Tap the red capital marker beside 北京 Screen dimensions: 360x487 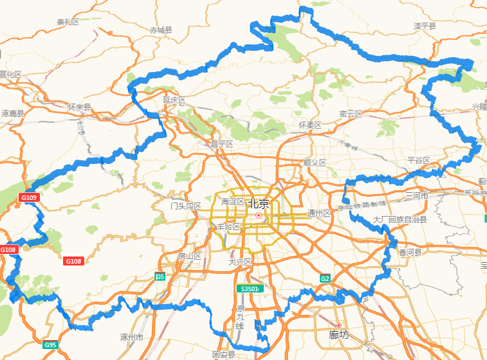point(258,215)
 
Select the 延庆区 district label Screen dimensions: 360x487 point(174,100)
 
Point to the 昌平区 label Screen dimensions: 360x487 point(221,143)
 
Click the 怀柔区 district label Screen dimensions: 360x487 point(310,125)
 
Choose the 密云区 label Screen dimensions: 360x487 point(351,114)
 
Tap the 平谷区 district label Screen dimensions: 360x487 point(418,159)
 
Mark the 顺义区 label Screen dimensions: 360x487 point(315,163)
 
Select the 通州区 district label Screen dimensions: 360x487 point(319,213)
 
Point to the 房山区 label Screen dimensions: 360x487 point(190,256)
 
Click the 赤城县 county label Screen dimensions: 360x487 point(161,30)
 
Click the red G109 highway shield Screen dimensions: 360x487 point(30,197)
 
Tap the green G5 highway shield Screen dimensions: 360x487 point(160,277)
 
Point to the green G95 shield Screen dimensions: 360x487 point(51,345)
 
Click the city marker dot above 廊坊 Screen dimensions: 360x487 point(338,325)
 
